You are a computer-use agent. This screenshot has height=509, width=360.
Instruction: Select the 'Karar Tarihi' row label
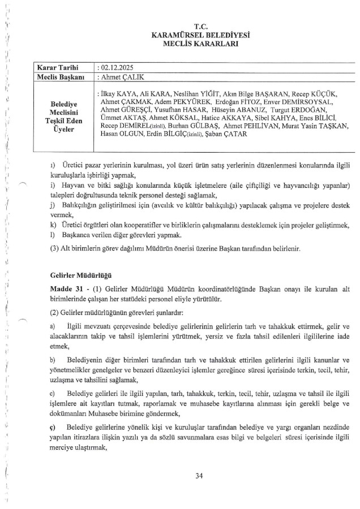coord(59,67)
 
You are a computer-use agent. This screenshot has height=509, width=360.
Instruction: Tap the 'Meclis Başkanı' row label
coord(61,76)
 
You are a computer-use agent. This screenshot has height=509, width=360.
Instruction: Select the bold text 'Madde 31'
coord(65,289)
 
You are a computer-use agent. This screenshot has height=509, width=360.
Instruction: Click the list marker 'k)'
coord(52,225)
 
